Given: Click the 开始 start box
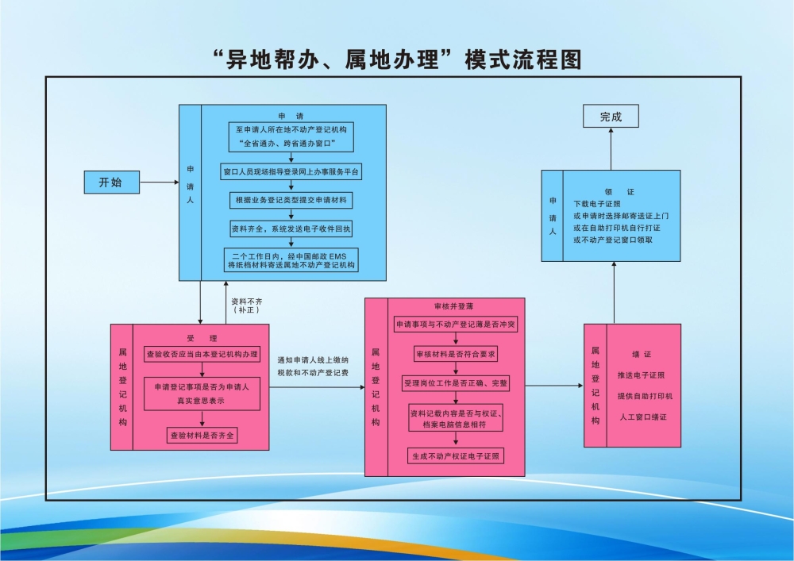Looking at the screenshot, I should click(x=111, y=183).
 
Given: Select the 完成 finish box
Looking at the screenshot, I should click(x=611, y=117).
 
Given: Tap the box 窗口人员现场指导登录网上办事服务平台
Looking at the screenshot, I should click(x=292, y=171).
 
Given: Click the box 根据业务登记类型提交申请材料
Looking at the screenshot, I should click(x=292, y=199).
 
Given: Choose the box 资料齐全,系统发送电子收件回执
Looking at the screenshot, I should click(x=292, y=229).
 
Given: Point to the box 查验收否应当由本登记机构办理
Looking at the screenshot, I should click(x=202, y=353).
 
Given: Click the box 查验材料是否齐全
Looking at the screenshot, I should click(x=202, y=435).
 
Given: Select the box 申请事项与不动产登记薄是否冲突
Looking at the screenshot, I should click(x=456, y=325).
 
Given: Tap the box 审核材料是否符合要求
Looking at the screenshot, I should click(x=456, y=354).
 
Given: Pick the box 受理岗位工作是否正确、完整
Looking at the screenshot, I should click(x=456, y=383).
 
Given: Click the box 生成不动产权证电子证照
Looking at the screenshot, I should click(x=456, y=456).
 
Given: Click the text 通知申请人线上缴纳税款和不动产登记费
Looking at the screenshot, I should click(x=313, y=366).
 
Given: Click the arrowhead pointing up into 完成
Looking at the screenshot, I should click(x=611, y=133).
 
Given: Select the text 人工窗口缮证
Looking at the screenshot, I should click(x=642, y=417).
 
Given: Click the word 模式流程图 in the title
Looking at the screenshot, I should click(x=523, y=60).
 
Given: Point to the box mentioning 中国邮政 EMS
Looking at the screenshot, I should click(x=292, y=260).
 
